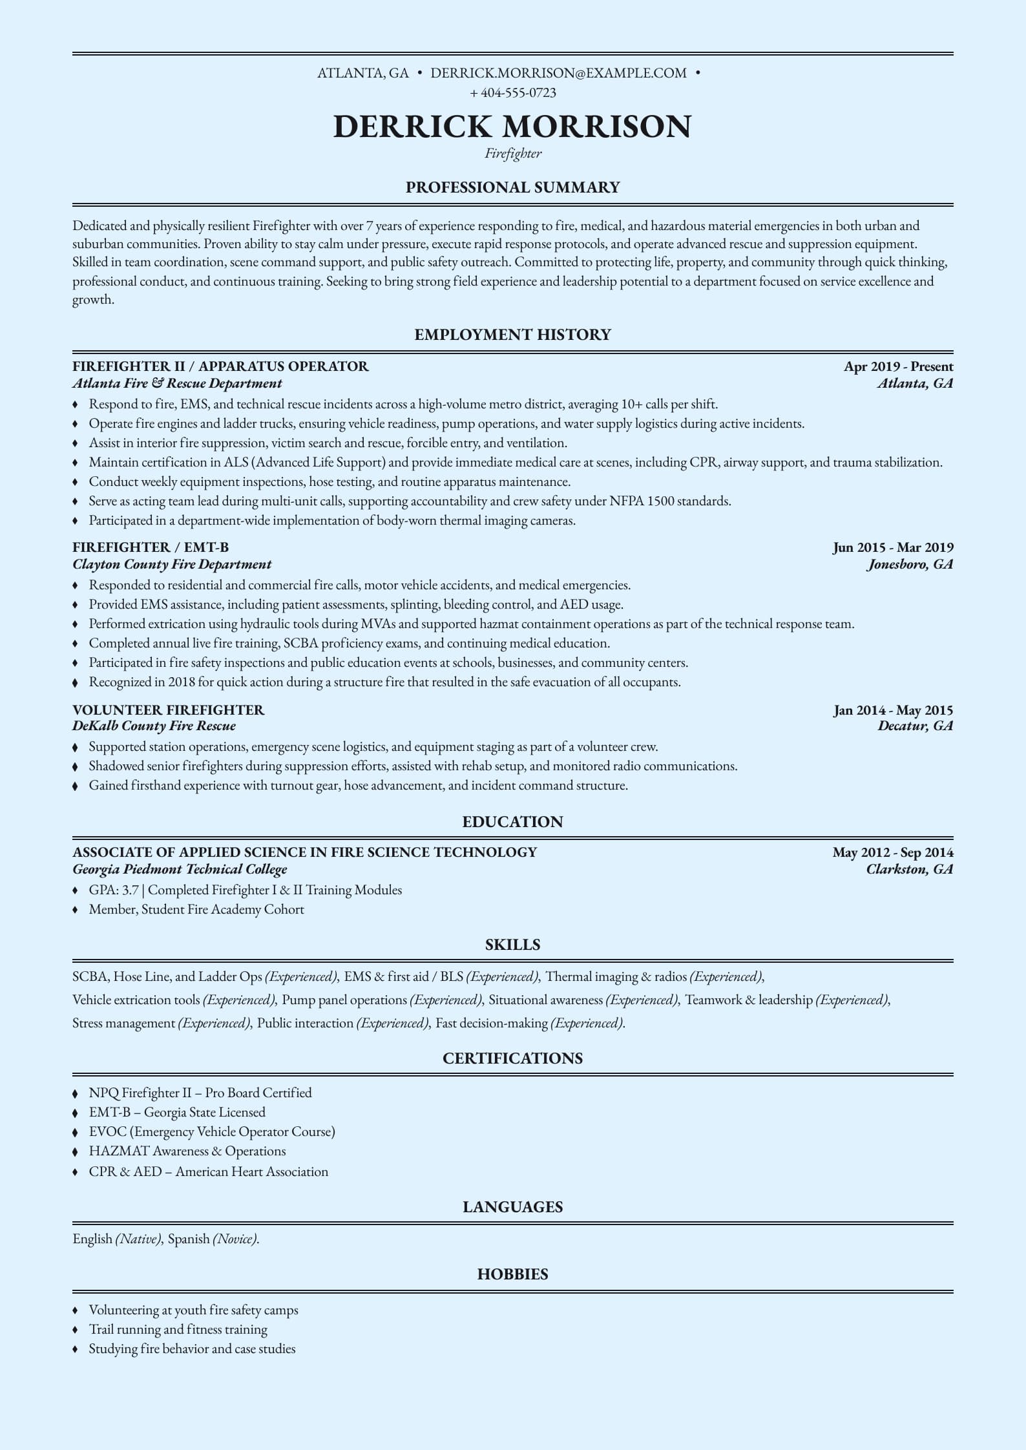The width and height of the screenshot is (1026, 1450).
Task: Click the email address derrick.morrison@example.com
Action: pyautogui.click(x=558, y=73)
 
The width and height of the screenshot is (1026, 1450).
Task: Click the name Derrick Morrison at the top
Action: pyautogui.click(x=512, y=126)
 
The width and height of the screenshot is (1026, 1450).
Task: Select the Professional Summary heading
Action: pyautogui.click(x=512, y=187)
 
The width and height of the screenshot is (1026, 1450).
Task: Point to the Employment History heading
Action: pyautogui.click(x=512, y=335)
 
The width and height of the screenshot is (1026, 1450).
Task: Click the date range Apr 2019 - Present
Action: pyautogui.click(x=898, y=366)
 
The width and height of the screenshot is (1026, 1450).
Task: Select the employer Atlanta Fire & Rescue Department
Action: pyautogui.click(x=177, y=383)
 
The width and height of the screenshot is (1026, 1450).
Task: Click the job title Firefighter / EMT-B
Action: pyautogui.click(x=151, y=547)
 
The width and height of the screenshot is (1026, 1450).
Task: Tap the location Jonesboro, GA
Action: pyautogui.click(x=910, y=564)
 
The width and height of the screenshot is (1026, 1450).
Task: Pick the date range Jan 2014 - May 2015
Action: pyautogui.click(x=893, y=710)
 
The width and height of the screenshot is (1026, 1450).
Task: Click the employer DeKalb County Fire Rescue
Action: pyautogui.click(x=154, y=726)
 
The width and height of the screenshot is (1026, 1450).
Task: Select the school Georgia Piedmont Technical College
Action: pyautogui.click(x=180, y=869)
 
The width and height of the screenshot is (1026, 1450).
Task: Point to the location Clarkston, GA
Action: pyautogui.click(x=909, y=869)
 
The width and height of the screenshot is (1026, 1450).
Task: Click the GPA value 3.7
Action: pyautogui.click(x=131, y=890)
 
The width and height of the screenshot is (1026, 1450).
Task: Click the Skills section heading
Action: pyautogui.click(x=512, y=945)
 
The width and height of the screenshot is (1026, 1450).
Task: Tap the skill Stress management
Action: pyautogui.click(x=124, y=1023)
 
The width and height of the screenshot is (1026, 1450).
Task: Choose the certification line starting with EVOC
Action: pyautogui.click(x=212, y=1131)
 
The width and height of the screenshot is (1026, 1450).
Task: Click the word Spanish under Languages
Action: pyautogui.click(x=189, y=1239)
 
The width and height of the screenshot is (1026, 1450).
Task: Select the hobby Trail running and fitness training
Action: pyautogui.click(x=178, y=1329)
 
